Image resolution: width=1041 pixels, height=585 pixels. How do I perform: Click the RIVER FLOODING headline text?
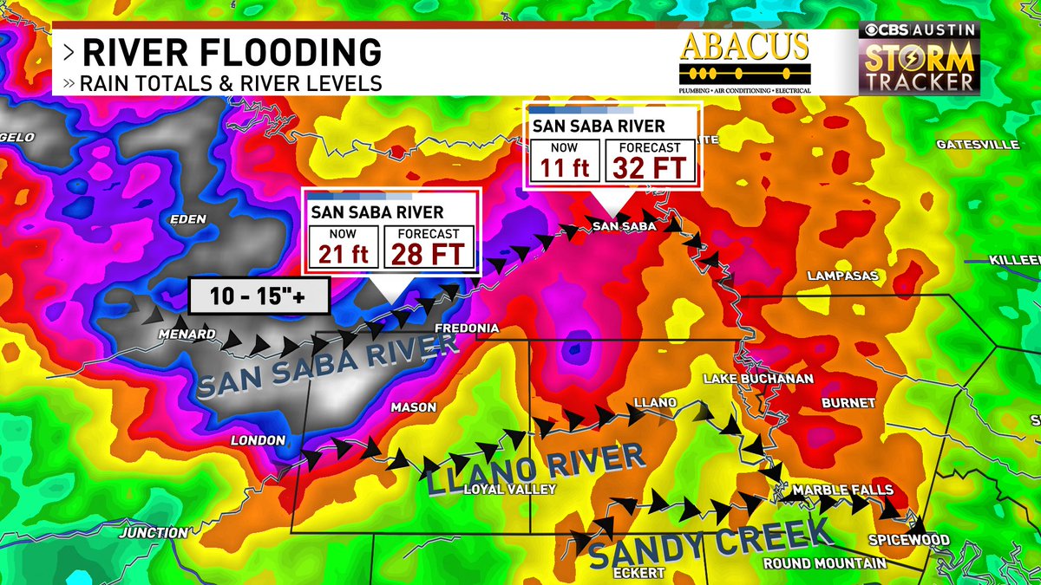pyautogui.click(x=231, y=52)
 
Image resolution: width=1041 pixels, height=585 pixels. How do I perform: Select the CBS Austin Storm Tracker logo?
pyautogui.click(x=919, y=59)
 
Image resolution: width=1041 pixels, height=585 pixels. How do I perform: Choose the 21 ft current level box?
pyautogui.click(x=344, y=247)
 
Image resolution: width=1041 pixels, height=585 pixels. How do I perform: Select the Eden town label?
pyautogui.click(x=188, y=219)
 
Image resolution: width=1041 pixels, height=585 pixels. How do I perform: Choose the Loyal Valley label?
pyautogui.click(x=509, y=489)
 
